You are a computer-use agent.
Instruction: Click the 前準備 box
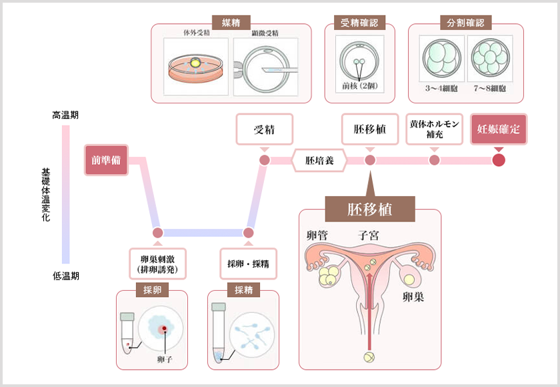point(106,160)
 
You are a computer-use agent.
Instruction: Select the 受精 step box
point(265,129)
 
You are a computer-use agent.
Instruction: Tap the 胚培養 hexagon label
point(318,160)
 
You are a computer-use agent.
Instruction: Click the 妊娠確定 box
point(499,129)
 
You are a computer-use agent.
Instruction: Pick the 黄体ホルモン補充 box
point(434,129)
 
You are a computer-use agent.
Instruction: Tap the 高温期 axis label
point(65,115)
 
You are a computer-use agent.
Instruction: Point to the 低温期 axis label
point(65,276)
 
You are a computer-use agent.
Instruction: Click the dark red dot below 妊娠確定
point(499,160)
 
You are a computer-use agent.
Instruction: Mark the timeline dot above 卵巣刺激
point(158,233)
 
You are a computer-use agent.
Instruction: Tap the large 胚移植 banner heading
point(370,209)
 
